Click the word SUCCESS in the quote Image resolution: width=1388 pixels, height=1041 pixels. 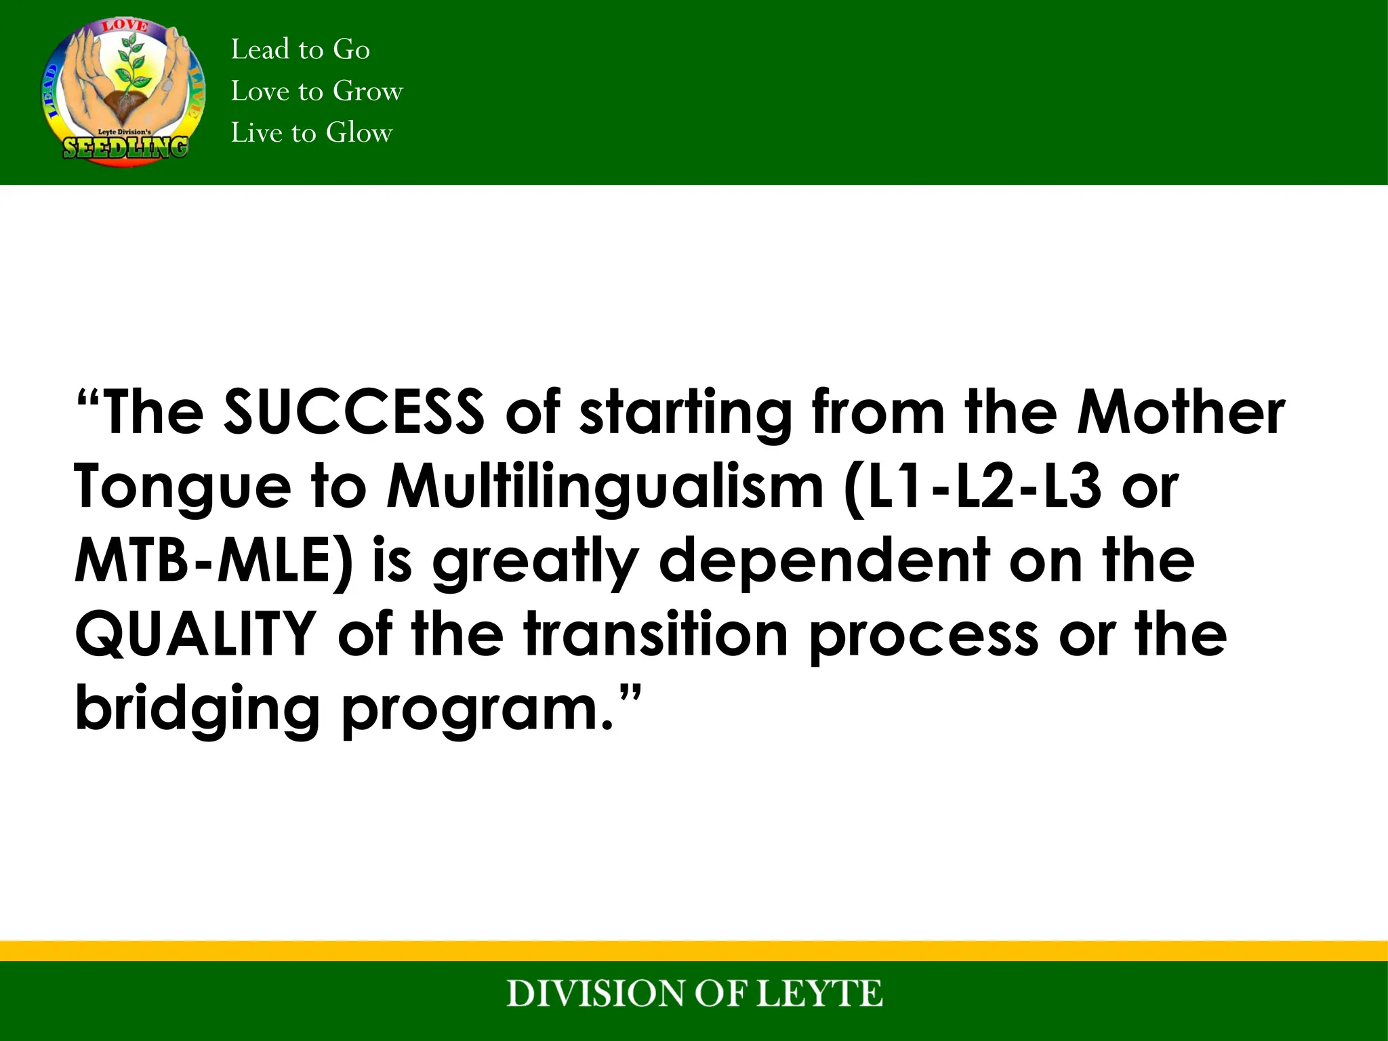coord(354,411)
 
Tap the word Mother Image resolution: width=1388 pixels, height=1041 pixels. coord(1181,411)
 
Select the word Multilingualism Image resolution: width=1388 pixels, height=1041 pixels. coord(605,487)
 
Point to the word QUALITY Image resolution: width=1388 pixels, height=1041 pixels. coord(195,634)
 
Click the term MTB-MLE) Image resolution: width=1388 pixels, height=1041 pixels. coord(213,560)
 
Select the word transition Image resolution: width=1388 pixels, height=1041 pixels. coord(655,634)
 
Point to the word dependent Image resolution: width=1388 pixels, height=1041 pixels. coord(825,560)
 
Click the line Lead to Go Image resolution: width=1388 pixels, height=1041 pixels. coord(300,49)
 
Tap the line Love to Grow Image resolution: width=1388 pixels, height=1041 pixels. coord(317,91)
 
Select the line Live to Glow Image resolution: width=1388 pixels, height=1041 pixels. coord(311,133)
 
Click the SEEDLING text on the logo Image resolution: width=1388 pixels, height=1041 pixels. coord(125,147)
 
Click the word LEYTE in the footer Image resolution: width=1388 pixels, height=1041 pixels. coord(818,994)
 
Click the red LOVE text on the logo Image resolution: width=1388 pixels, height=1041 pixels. coord(125,26)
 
